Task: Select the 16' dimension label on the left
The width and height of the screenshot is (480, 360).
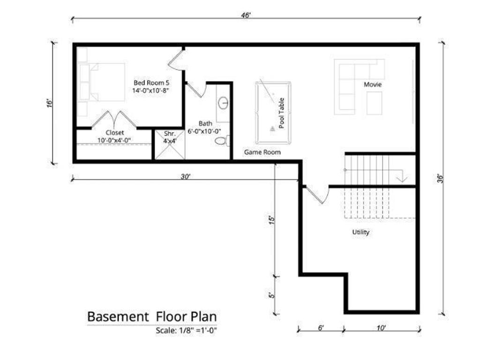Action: click(49, 103)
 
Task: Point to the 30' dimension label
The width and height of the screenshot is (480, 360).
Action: click(186, 176)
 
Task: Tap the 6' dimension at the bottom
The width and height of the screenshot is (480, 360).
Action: click(321, 329)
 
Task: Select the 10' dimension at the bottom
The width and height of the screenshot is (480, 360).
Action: click(381, 329)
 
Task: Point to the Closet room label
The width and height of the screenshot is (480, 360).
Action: click(114, 133)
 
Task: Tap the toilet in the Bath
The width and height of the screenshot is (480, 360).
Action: click(222, 141)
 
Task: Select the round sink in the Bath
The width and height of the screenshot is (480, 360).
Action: click(224, 103)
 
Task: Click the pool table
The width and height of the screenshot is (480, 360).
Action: click(273, 112)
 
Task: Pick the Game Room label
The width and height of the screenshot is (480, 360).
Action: click(262, 152)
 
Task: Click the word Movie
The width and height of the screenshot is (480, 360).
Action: click(373, 85)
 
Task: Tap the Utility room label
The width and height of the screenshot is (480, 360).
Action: click(360, 232)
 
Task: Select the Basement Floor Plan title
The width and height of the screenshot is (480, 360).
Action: click(152, 316)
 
